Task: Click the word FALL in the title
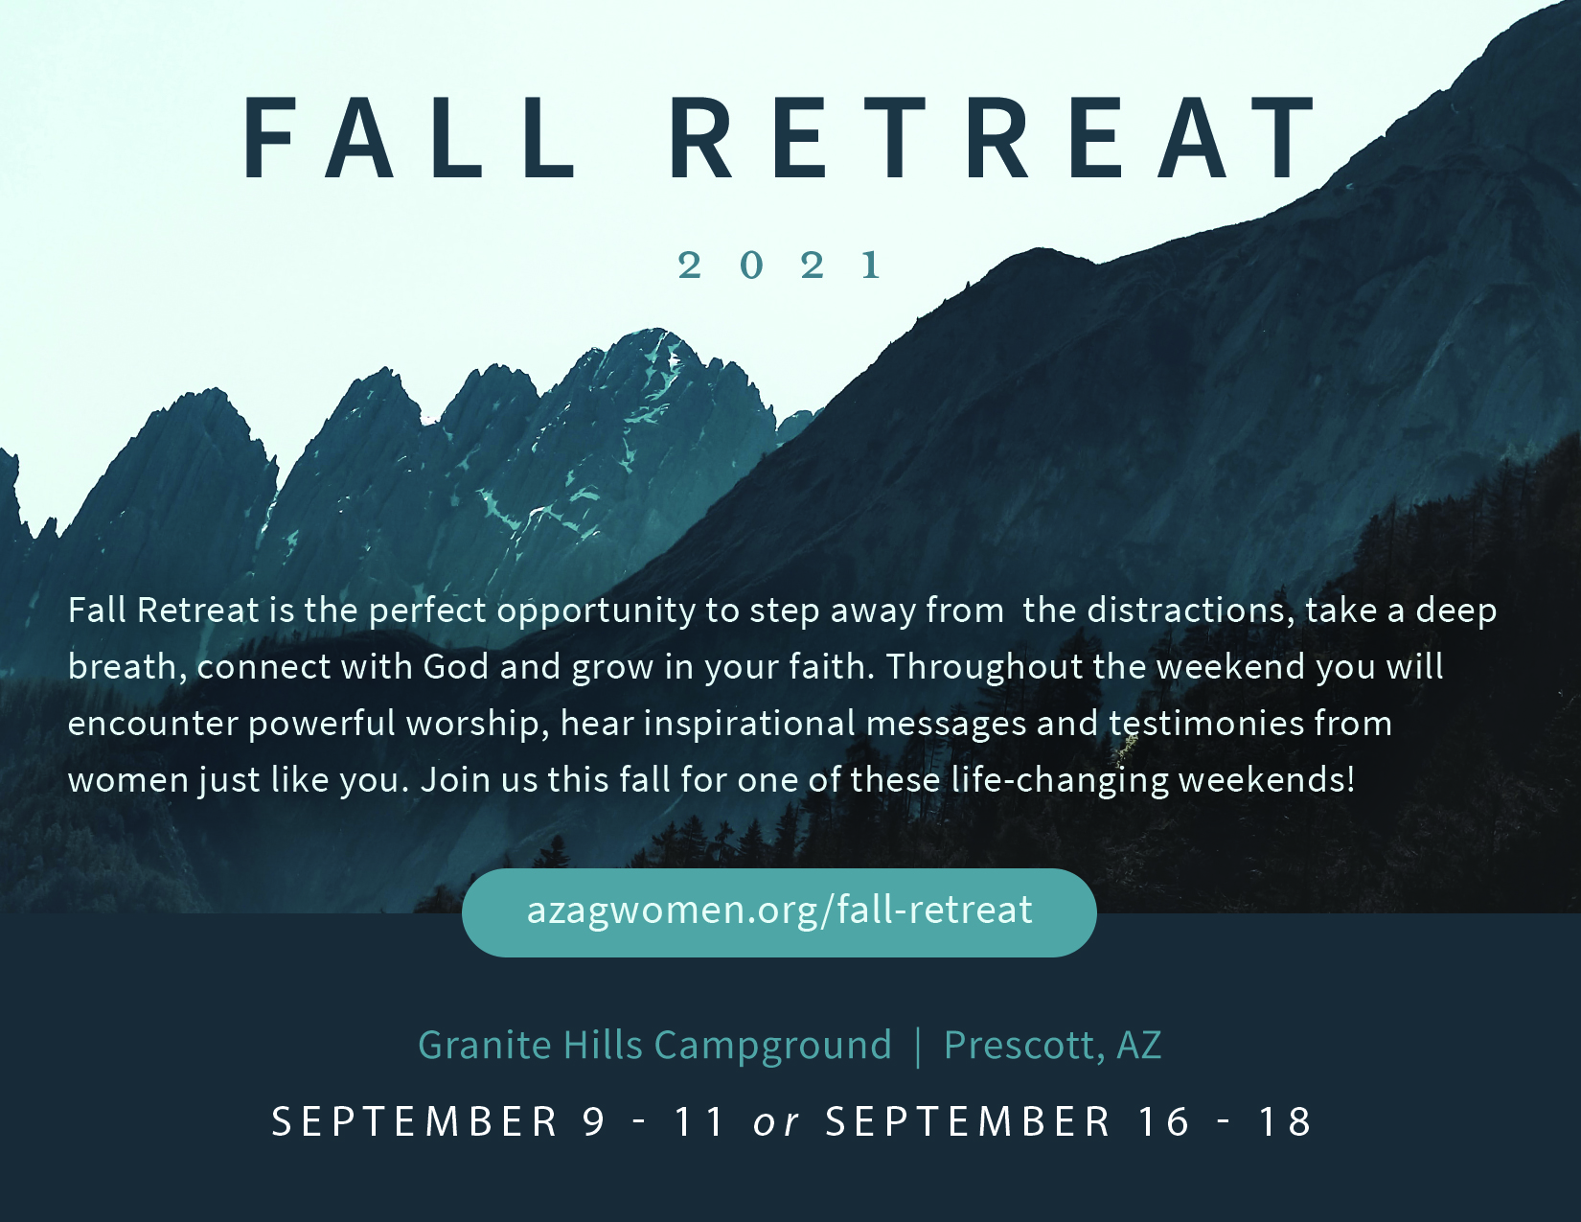point(409,138)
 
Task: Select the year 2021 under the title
point(780,265)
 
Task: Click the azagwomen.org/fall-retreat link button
point(779,912)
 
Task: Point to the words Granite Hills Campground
point(654,1045)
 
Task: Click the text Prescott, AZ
point(1052,1045)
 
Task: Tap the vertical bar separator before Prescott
point(918,1047)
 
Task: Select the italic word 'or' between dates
point(776,1121)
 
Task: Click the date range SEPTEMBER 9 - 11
point(498,1120)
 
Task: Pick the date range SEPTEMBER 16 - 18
point(1068,1120)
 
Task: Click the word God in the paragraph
point(455,667)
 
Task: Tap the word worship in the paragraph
point(477,725)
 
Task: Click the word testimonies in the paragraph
point(1206,724)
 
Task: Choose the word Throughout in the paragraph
point(984,667)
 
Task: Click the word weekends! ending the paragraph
point(1267,779)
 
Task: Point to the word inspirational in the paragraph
point(749,725)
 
